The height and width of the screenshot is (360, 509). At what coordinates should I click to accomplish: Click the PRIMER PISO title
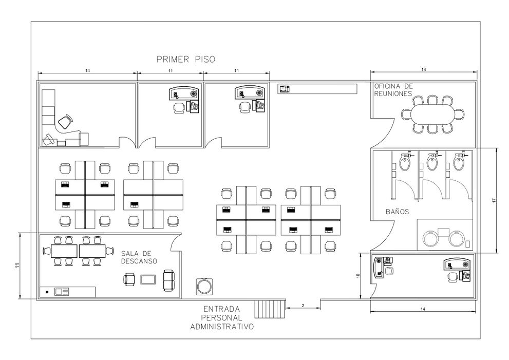coord(186,60)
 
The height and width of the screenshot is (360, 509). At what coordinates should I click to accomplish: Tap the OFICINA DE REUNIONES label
coord(393,90)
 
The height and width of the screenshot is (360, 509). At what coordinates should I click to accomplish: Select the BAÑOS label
coord(398,212)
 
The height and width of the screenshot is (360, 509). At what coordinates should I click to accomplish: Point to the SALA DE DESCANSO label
coord(139,257)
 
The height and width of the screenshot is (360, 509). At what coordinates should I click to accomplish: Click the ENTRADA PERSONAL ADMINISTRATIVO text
coord(222,318)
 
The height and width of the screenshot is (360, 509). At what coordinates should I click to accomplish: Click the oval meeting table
coord(433,114)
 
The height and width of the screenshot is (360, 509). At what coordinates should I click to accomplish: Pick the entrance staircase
coord(270,309)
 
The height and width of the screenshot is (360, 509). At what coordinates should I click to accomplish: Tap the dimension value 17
coord(494,201)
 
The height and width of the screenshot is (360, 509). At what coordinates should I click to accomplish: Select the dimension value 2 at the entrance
coord(303,306)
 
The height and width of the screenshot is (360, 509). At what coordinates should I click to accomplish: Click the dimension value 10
coord(358,276)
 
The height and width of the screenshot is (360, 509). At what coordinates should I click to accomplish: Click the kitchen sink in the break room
coord(62,292)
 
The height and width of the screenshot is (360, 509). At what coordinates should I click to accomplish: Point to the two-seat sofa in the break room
coord(169,280)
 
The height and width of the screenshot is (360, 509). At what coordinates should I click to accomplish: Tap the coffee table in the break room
coord(148,279)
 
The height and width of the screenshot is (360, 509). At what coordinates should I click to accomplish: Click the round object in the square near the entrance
coord(204,287)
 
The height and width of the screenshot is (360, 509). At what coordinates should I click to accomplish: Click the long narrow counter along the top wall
coord(317,89)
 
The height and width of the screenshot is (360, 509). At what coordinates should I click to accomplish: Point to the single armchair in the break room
coord(129,279)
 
